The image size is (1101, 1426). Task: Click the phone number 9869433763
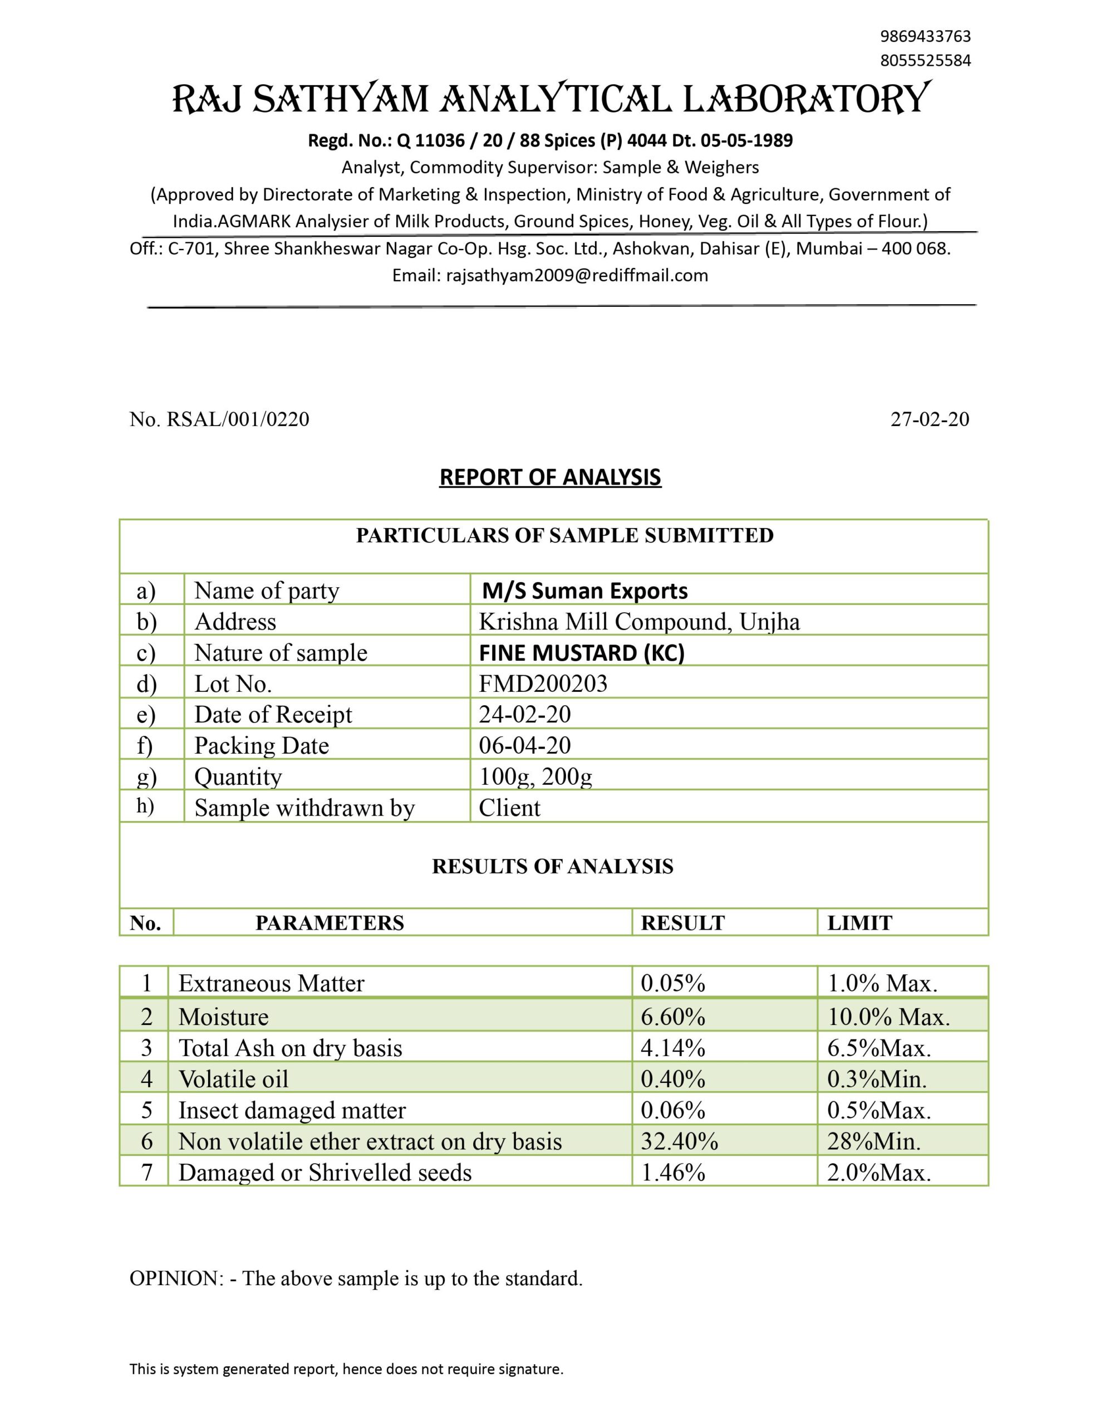click(x=925, y=36)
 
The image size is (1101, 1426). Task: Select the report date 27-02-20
click(x=930, y=419)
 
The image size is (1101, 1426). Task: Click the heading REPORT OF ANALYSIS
click(x=550, y=477)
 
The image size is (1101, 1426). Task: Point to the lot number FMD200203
click(x=543, y=683)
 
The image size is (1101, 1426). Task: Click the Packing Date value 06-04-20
click(x=525, y=746)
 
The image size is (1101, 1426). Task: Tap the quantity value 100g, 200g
click(x=535, y=777)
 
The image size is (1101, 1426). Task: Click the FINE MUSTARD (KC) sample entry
click(x=582, y=653)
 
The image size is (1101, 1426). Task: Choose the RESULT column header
click(x=682, y=923)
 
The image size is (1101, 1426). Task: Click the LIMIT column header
click(x=859, y=923)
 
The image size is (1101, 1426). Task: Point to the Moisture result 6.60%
click(x=673, y=1017)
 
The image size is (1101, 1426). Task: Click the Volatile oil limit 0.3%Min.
click(x=877, y=1080)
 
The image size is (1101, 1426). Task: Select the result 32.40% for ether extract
click(x=679, y=1141)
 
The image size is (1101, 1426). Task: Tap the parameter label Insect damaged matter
click(x=292, y=1110)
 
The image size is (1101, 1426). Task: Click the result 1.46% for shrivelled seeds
click(x=673, y=1173)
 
